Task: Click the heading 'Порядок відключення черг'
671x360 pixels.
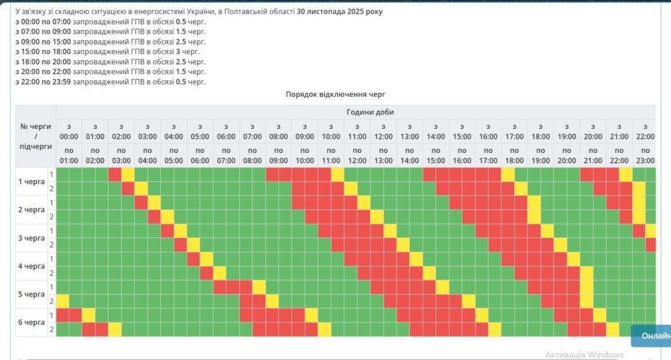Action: pyautogui.click(x=335, y=95)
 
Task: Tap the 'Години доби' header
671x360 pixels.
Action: pyautogui.click(x=370, y=112)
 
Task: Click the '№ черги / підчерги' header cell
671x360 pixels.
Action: pyautogui.click(x=35, y=136)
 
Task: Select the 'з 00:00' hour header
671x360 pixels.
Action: pyautogui.click(x=69, y=131)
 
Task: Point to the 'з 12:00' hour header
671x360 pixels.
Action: pyautogui.click(x=383, y=131)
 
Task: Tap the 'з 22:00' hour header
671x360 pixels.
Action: pyautogui.click(x=645, y=131)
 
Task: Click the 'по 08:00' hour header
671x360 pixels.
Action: pyautogui.click(x=252, y=155)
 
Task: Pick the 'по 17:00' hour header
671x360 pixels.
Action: pyautogui.click(x=488, y=155)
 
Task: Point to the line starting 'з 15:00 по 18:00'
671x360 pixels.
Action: pyautogui.click(x=107, y=51)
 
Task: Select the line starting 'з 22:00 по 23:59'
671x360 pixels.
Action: pyautogui.click(x=110, y=81)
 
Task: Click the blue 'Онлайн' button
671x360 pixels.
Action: pyautogui.click(x=653, y=335)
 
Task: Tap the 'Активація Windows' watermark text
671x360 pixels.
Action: pyautogui.click(x=584, y=355)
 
